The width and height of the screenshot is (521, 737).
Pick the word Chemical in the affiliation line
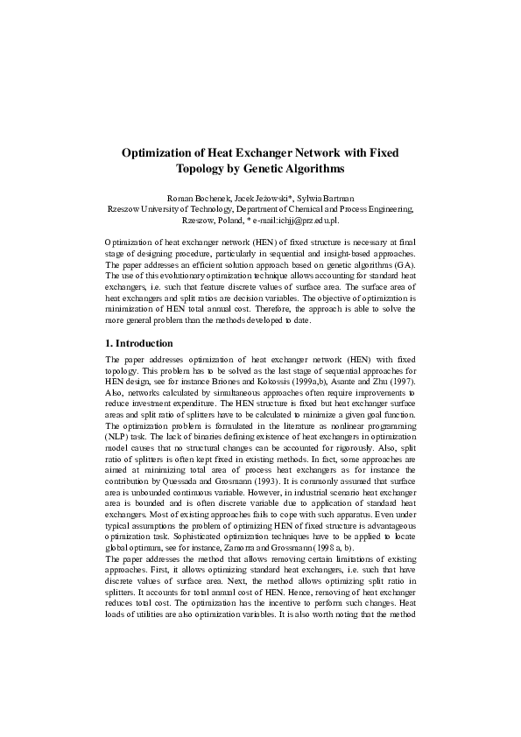point(313,209)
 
